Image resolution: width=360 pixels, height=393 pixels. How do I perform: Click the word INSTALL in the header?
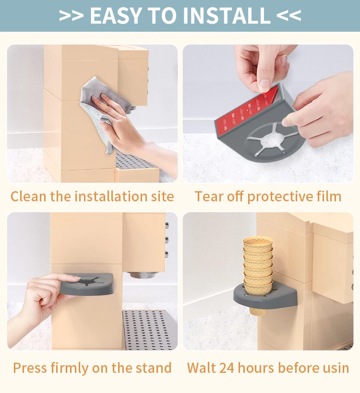227,15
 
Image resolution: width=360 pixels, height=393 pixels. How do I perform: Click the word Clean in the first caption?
28,196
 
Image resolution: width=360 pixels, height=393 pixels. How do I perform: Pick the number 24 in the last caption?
227,368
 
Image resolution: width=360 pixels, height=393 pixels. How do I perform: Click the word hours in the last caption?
256,368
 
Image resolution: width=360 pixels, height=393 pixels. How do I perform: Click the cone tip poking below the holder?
258,311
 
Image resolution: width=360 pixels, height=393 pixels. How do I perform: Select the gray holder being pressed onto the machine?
86,284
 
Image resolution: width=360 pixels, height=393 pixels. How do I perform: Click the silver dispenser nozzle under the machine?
142,275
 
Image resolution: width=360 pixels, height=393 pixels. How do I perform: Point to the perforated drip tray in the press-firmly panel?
150,330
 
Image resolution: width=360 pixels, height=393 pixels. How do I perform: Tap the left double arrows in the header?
71,15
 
